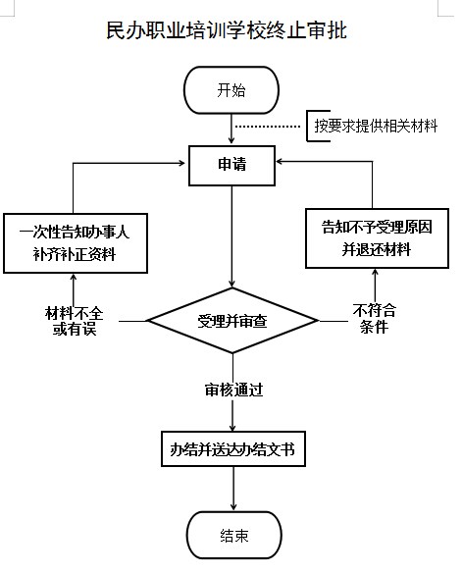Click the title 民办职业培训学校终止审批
(227, 30)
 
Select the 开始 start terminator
(231, 90)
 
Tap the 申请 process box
(231, 166)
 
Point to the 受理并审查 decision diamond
(232, 321)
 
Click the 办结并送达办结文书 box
(233, 448)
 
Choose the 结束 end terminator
(234, 535)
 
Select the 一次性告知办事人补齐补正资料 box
(76, 243)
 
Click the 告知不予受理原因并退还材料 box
(377, 238)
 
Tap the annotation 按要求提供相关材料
(377, 126)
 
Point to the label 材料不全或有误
(75, 321)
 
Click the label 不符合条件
(375, 318)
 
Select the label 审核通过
(233, 390)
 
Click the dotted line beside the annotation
(268, 127)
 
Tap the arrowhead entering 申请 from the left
(181, 163)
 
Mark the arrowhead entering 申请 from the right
(281, 161)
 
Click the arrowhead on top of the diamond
(231, 284)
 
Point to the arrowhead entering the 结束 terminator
(233, 506)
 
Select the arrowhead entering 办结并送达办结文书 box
(232, 427)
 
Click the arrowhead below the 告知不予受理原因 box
(375, 273)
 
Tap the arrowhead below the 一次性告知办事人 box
(74, 278)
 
